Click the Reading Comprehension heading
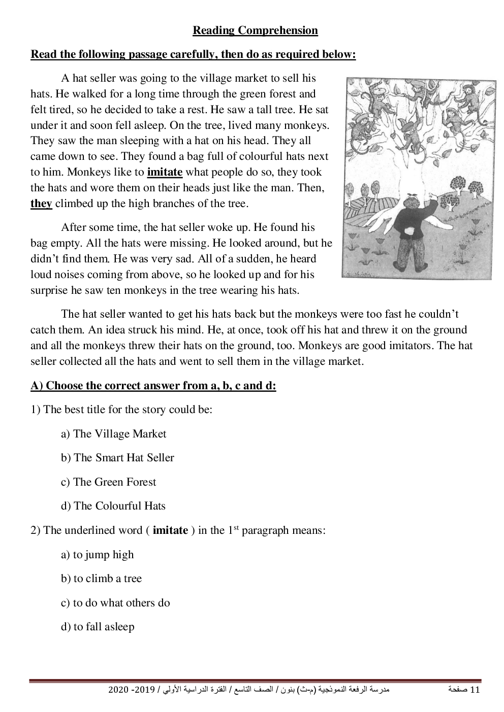coord(255,30)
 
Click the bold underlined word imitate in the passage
coord(165,172)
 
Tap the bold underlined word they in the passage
coord(41,204)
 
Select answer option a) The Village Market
coord(114,434)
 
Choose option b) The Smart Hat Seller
coord(117,458)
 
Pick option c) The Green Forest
coord(109,482)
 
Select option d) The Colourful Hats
coord(113,506)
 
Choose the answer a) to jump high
coord(98,555)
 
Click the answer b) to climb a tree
coord(102,579)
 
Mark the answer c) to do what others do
coord(115,603)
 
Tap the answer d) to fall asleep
coord(98,627)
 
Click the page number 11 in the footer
coord(476,691)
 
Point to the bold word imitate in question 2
coord(170,530)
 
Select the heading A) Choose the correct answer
coord(153,386)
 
